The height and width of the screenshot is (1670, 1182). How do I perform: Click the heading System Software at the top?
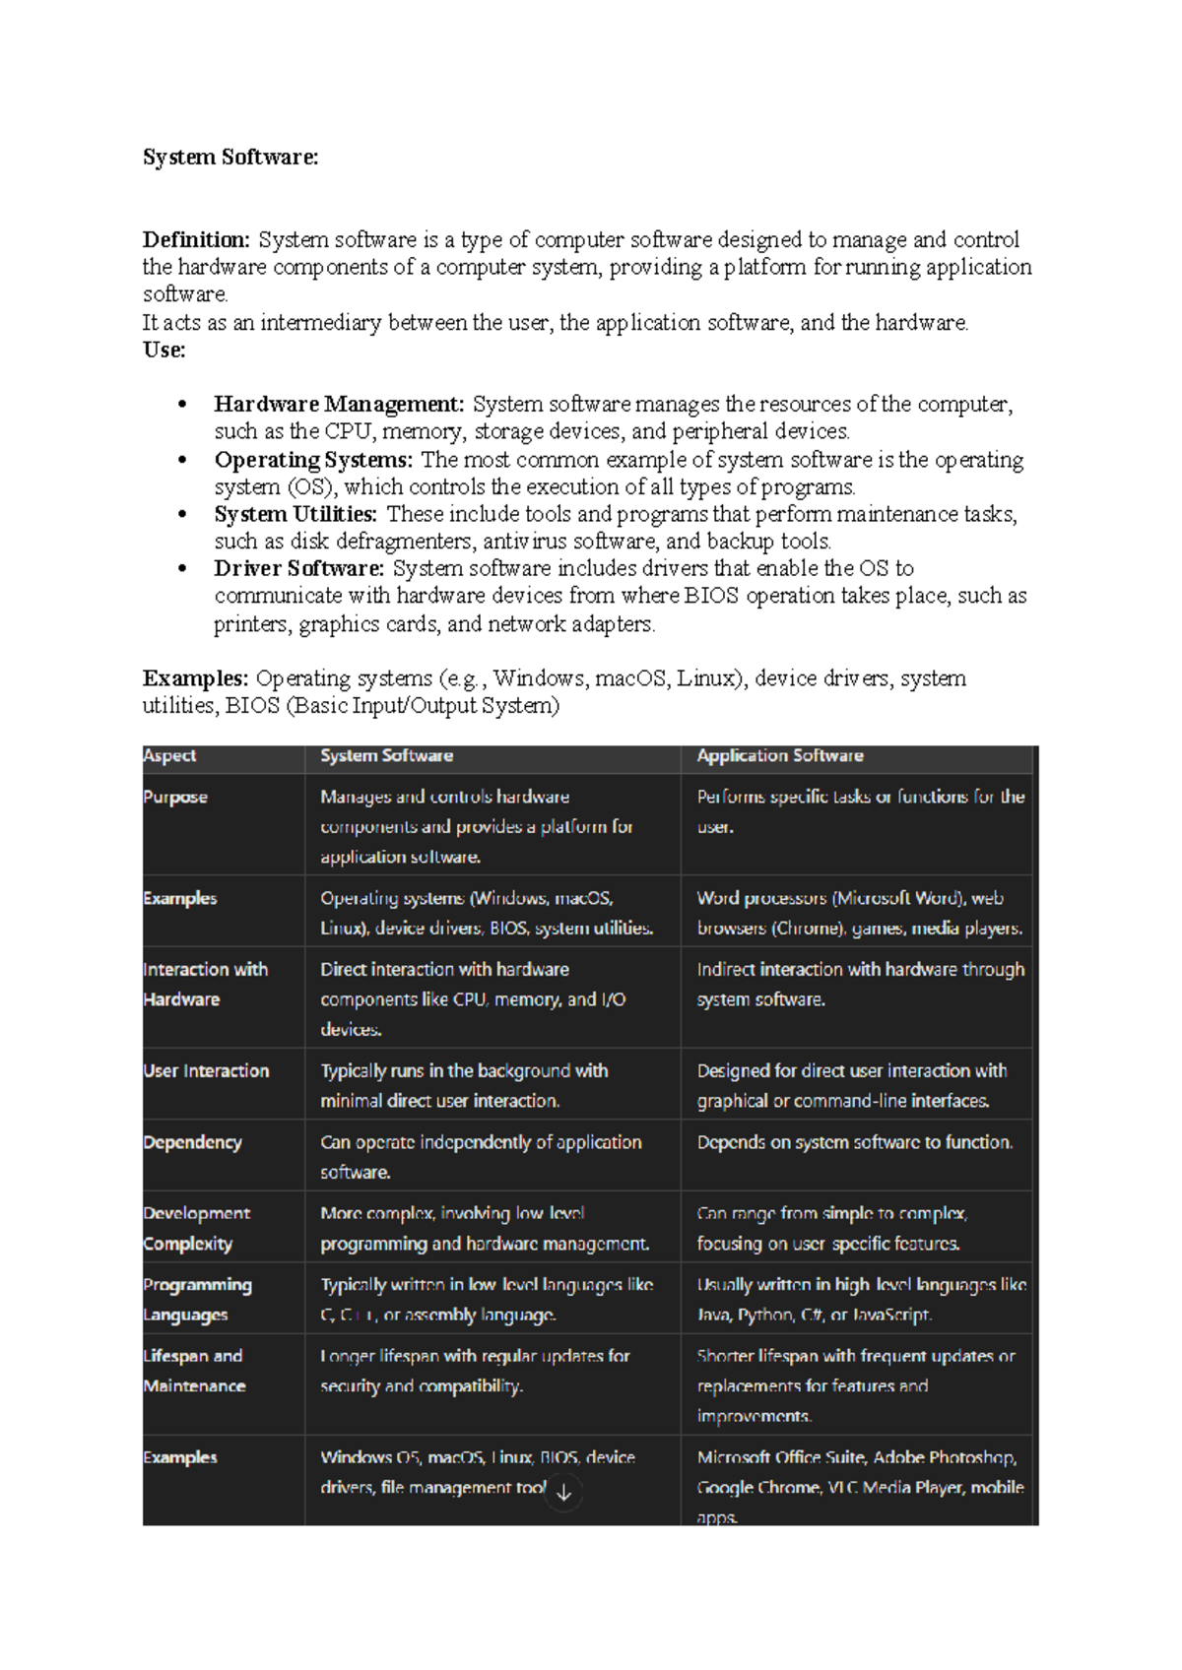(230, 158)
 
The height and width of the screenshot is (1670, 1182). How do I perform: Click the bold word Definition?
(196, 240)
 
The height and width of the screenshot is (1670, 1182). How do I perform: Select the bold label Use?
(164, 351)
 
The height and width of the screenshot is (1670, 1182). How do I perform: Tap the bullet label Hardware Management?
(338, 405)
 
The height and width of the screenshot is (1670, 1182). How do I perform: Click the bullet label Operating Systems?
(312, 460)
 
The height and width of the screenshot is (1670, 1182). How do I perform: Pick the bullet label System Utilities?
(295, 514)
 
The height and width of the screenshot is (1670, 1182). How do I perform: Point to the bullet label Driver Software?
(298, 568)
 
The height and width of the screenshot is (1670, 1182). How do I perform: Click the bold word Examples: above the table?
(195, 678)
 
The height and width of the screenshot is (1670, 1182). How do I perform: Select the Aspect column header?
(169, 756)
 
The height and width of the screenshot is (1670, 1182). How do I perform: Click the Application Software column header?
(779, 756)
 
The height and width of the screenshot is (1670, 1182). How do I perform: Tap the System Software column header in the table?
(386, 756)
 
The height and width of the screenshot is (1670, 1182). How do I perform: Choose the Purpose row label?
(175, 798)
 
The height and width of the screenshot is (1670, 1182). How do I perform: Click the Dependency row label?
(192, 1142)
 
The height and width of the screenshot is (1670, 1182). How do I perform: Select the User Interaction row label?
(206, 1071)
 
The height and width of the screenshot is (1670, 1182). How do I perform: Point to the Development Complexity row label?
(196, 1229)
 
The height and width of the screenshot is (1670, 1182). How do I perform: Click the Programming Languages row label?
(196, 1300)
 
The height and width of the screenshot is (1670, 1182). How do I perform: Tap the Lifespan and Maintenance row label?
(194, 1371)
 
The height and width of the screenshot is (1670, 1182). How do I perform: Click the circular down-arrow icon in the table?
(563, 1493)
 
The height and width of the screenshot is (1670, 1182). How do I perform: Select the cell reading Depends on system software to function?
(854, 1142)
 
